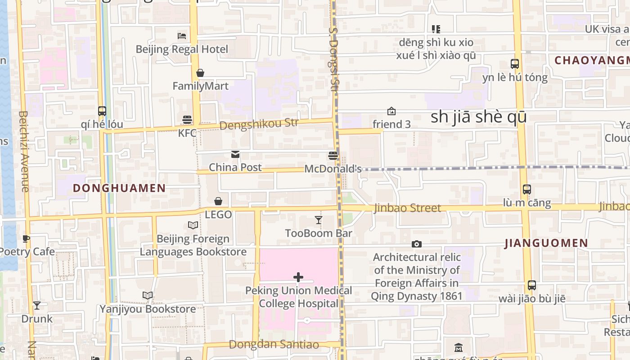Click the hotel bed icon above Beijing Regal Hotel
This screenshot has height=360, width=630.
click(182, 36)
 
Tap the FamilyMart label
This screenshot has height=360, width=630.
click(200, 86)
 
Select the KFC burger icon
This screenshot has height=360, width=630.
click(187, 119)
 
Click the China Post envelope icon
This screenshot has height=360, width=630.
click(235, 154)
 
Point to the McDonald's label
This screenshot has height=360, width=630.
click(333, 169)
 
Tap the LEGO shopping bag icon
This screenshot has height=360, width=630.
click(218, 201)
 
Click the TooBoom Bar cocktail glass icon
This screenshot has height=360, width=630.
click(319, 220)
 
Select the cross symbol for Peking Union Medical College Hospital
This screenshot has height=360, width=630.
click(298, 277)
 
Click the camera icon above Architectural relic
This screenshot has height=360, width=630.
click(417, 244)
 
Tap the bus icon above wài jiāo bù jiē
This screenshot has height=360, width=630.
click(532, 285)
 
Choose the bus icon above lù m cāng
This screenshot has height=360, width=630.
click(526, 189)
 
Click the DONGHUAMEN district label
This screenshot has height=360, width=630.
click(119, 188)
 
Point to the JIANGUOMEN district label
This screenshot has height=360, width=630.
click(546, 243)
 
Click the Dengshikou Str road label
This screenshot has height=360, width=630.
click(259, 124)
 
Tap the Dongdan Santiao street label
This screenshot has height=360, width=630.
click(274, 345)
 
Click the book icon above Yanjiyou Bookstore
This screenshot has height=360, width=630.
click(147, 296)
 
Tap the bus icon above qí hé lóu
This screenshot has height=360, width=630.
click(102, 111)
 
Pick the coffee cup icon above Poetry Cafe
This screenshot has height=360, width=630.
click(26, 238)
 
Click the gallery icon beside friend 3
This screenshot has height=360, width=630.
click(391, 111)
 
